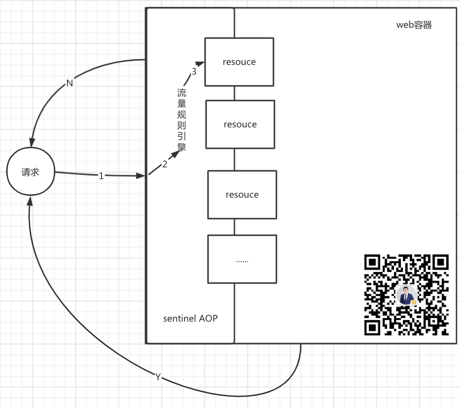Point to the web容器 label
pyautogui.click(x=414, y=25)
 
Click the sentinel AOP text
pyautogui.click(x=190, y=318)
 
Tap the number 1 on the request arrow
pyautogui.click(x=101, y=176)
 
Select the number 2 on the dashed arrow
pyautogui.click(x=165, y=164)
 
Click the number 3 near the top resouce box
pyautogui.click(x=194, y=71)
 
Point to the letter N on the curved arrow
pyautogui.click(x=69, y=83)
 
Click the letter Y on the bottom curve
pyautogui.click(x=158, y=377)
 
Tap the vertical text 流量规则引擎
pyautogui.click(x=182, y=120)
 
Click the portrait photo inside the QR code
pyautogui.click(x=406, y=295)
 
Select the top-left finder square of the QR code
pyautogui.click(x=372, y=263)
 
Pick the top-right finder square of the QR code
pyautogui.click(x=440, y=263)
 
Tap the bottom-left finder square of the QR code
pyautogui.click(x=372, y=327)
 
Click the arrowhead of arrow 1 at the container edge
pyautogui.click(x=141, y=176)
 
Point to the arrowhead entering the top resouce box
pyautogui.click(x=200, y=63)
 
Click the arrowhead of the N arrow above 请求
pyautogui.click(x=32, y=143)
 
